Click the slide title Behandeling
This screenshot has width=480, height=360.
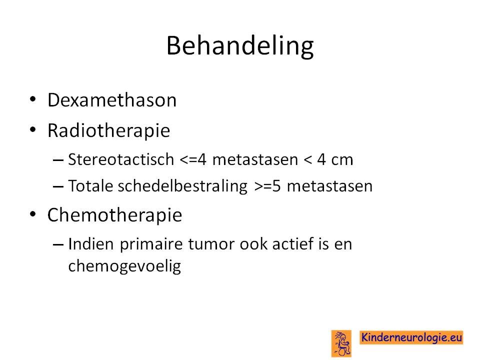click(x=240, y=46)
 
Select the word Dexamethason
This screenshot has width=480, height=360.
click(x=112, y=100)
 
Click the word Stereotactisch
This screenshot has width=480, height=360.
click(x=121, y=159)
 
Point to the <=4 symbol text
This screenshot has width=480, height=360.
click(x=193, y=159)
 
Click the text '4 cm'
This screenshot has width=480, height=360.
click(x=335, y=159)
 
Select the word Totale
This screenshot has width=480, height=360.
click(x=90, y=186)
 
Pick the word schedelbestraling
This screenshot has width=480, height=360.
click(x=182, y=186)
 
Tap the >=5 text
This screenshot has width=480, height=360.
click(x=267, y=186)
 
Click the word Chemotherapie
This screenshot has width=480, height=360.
click(x=114, y=215)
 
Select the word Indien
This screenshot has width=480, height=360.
click(x=91, y=244)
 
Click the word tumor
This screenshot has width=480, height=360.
click(x=211, y=244)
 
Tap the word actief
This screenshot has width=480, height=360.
click(x=293, y=244)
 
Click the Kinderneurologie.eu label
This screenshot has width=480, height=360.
click(x=411, y=337)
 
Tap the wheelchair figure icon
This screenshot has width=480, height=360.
click(x=341, y=343)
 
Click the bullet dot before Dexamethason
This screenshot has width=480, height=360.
click(x=33, y=99)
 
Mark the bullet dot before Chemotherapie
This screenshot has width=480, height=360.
click(x=33, y=214)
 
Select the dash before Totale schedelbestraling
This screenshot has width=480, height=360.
click(x=58, y=186)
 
